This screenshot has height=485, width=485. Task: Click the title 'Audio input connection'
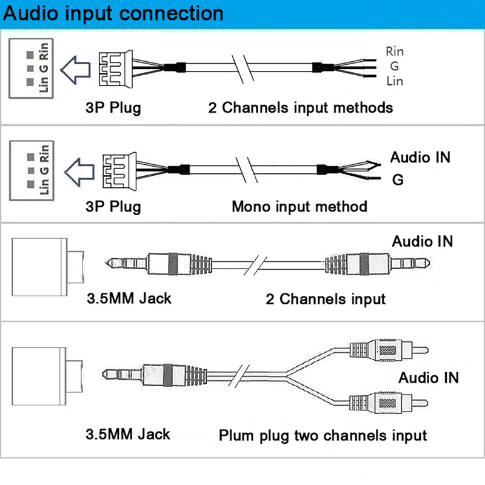(112, 12)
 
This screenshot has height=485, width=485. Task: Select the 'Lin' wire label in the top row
(394, 81)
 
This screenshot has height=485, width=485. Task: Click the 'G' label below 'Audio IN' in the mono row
(398, 179)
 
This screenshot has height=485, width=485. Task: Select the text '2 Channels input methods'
(300, 108)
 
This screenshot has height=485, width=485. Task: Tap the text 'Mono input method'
(299, 206)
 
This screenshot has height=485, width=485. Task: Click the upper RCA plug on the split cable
(388, 349)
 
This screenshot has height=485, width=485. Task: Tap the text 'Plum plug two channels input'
(323, 435)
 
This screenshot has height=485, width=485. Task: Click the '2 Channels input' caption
(325, 299)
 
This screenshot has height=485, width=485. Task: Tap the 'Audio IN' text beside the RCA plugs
(428, 378)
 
